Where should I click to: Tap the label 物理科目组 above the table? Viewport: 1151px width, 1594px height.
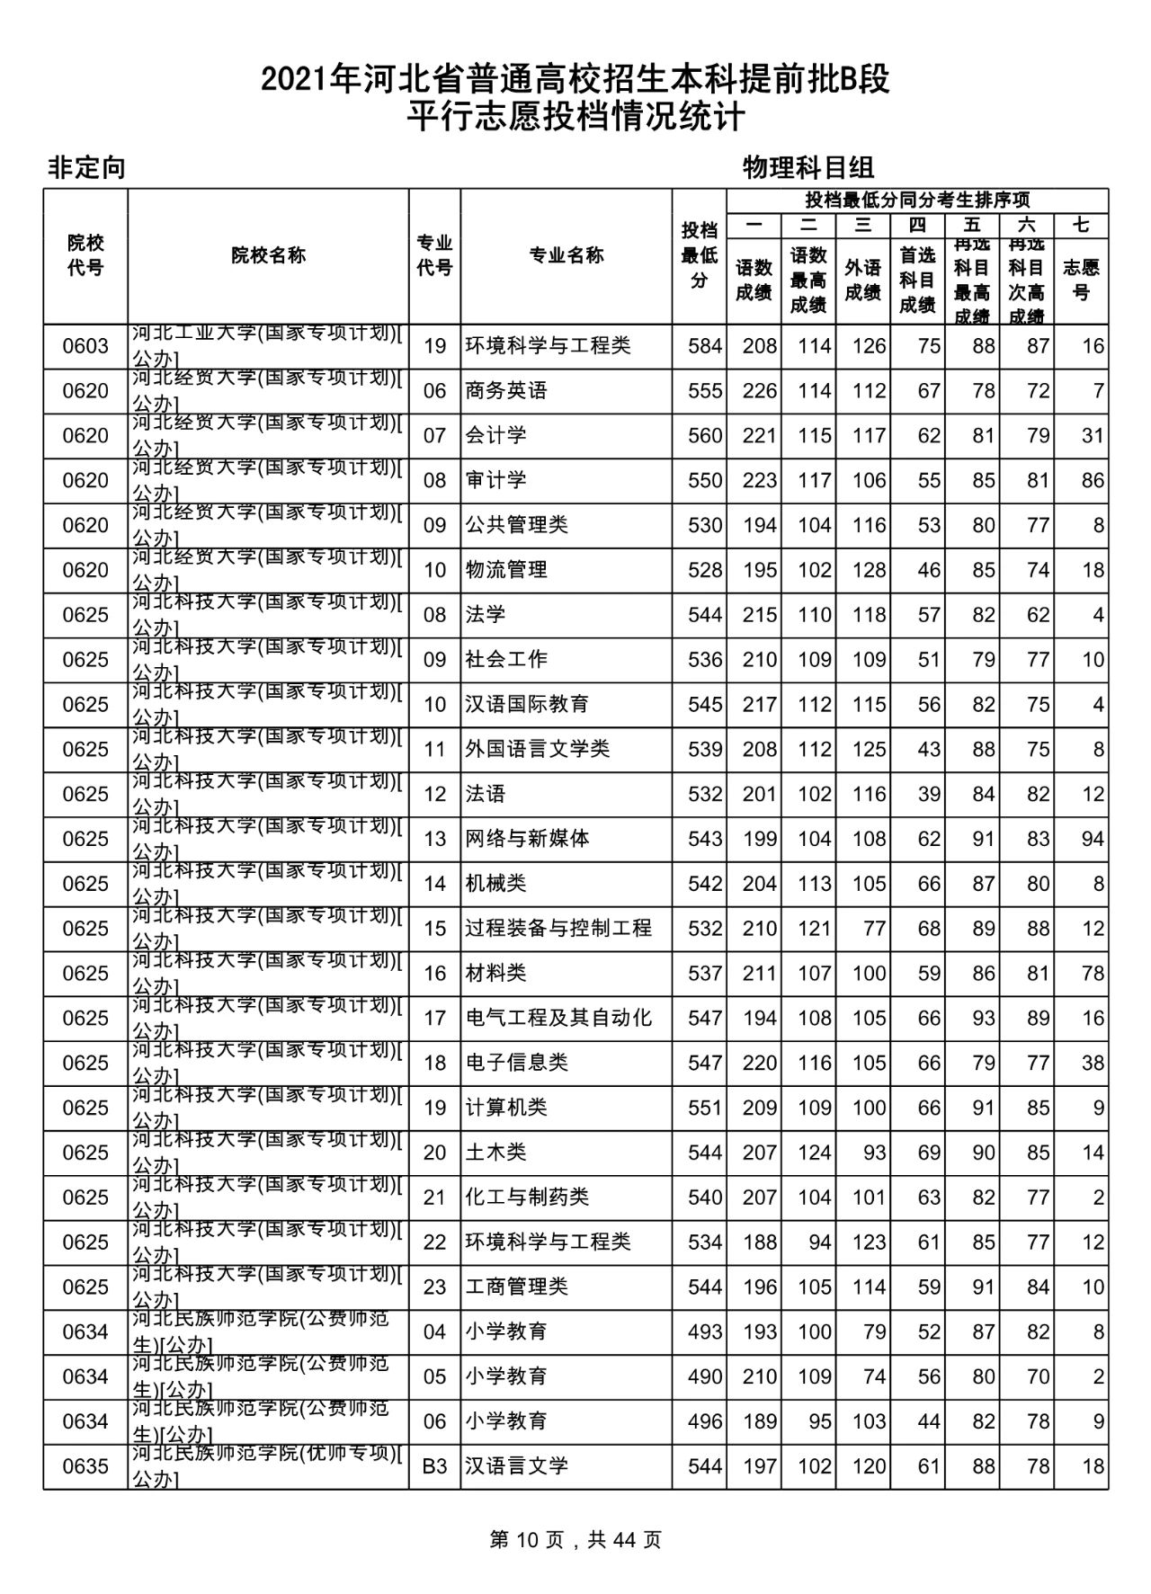pyautogui.click(x=808, y=167)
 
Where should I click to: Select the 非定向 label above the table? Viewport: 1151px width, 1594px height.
pyautogui.click(x=86, y=167)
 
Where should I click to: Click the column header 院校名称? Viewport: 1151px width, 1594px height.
pyautogui.click(x=268, y=256)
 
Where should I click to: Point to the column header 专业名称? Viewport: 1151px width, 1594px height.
pyautogui.click(x=566, y=256)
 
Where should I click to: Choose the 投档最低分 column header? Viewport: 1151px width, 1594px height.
pyautogui.click(x=700, y=256)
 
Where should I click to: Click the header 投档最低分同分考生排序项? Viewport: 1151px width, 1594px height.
pyautogui.click(x=917, y=200)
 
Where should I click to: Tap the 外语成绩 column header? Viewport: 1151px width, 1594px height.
pyautogui.click(x=863, y=280)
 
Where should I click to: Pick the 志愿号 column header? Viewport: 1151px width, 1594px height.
pyautogui.click(x=1081, y=280)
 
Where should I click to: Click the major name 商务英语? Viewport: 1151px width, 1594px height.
pyautogui.click(x=506, y=391)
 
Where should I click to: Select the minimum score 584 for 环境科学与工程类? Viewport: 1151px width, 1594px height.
pyautogui.click(x=705, y=346)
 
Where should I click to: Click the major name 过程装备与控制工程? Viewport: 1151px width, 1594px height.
pyautogui.click(x=558, y=929)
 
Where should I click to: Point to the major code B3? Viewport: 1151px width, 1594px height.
pyautogui.click(x=434, y=1466)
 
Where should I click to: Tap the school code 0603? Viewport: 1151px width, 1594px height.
pyautogui.click(x=85, y=346)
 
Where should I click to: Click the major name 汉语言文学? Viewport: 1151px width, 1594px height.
pyautogui.click(x=517, y=1466)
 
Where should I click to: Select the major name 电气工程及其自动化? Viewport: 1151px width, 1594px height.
pyautogui.click(x=558, y=1018)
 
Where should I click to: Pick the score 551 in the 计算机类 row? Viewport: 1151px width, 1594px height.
pyautogui.click(x=705, y=1108)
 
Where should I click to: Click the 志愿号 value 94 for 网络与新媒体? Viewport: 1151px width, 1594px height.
pyautogui.click(x=1093, y=839)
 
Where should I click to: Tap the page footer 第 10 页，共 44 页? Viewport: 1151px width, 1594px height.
pyautogui.click(x=575, y=1540)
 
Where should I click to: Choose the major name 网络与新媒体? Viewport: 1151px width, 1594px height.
pyautogui.click(x=527, y=839)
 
